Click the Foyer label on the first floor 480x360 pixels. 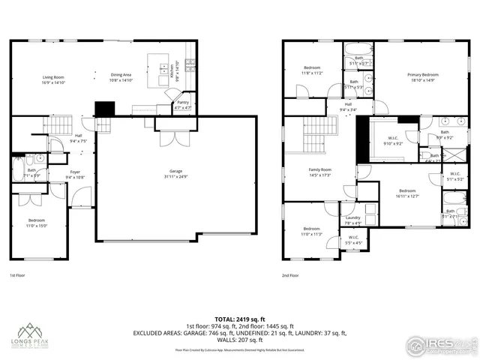(76, 175)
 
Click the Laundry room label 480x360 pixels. (352, 219)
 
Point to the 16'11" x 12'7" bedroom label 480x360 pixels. (408, 193)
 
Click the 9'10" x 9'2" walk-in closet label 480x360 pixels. (392, 140)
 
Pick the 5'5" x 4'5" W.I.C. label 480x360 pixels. (354, 240)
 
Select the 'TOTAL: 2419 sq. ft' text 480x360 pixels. (240, 319)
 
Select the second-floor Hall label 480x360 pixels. (348, 107)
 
